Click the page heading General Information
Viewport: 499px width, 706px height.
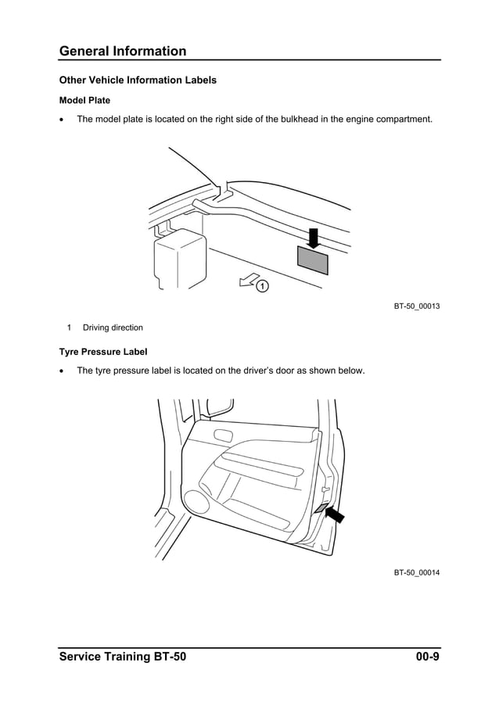click(123, 52)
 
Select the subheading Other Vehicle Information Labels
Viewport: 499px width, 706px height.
click(138, 81)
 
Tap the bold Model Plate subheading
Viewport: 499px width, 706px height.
click(84, 101)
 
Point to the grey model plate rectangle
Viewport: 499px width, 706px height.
click(313, 259)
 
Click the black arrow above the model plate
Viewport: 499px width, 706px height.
click(314, 236)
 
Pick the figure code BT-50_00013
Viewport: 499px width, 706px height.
click(416, 306)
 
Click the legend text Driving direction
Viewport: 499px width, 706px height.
click(113, 328)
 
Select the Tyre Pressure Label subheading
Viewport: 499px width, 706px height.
click(103, 352)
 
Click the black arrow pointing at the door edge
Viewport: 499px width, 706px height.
click(337, 514)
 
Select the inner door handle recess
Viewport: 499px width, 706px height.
click(222, 435)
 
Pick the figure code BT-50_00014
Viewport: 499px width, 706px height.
click(416, 573)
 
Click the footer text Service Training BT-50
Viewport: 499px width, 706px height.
click(123, 657)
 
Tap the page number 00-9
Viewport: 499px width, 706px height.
click(427, 657)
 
